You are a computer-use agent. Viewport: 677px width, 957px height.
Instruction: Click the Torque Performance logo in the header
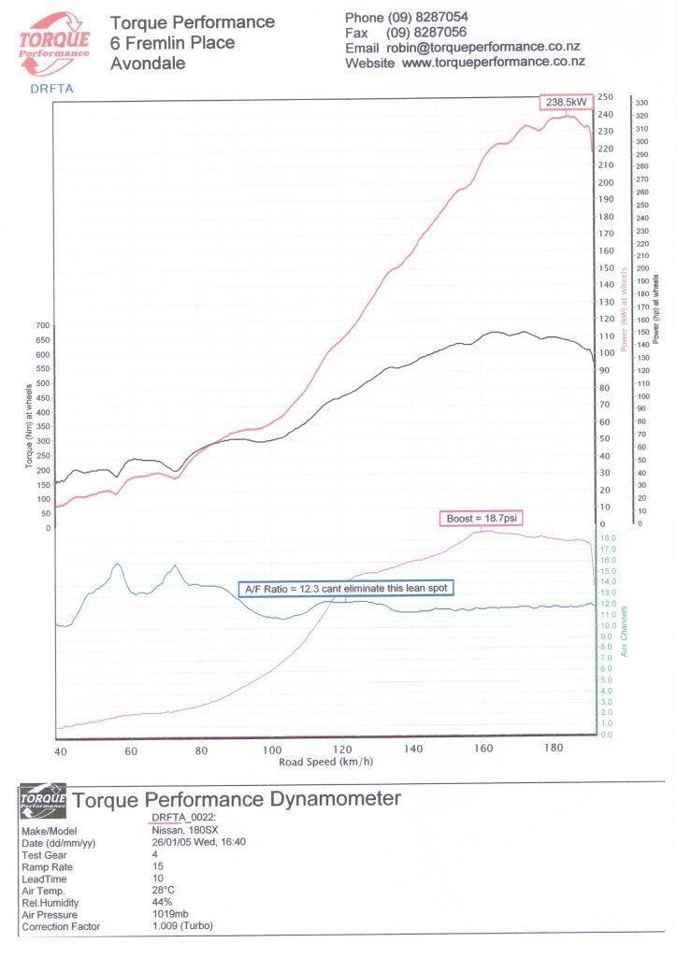click(x=54, y=44)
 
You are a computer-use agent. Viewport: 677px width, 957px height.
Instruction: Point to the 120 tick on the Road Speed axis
click(x=342, y=750)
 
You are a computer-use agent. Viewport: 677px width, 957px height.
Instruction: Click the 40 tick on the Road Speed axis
click(x=61, y=750)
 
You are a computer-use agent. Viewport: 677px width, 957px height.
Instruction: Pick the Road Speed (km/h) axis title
click(x=325, y=762)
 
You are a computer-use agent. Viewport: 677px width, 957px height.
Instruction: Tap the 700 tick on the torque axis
click(x=40, y=325)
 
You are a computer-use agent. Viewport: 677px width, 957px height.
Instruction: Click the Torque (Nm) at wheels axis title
click(x=29, y=426)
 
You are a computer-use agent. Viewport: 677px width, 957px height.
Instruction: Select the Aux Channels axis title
click(x=625, y=631)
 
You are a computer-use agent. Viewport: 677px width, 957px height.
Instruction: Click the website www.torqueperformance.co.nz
click(x=493, y=63)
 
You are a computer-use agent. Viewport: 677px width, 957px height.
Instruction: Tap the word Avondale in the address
click(x=148, y=64)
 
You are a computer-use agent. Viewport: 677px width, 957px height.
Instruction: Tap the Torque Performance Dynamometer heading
click(x=237, y=800)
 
